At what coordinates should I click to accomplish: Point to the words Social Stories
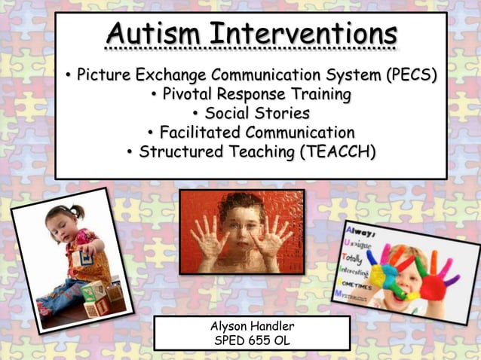(257, 114)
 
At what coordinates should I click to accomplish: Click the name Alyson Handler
(252, 326)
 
